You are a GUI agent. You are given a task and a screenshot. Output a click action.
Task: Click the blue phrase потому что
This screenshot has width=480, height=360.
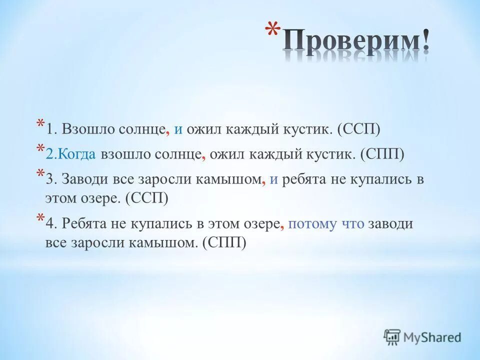click(326, 223)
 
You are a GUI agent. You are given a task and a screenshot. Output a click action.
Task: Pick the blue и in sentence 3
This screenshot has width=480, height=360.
click(273, 180)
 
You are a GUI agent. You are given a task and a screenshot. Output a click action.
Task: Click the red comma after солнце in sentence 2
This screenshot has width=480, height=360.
click(203, 155)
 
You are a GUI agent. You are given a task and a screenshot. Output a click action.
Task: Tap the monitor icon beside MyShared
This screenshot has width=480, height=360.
click(392, 337)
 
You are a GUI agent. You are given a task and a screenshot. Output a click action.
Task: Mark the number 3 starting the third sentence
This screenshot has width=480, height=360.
click(48, 180)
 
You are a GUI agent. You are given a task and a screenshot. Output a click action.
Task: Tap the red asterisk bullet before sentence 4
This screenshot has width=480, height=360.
click(39, 218)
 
